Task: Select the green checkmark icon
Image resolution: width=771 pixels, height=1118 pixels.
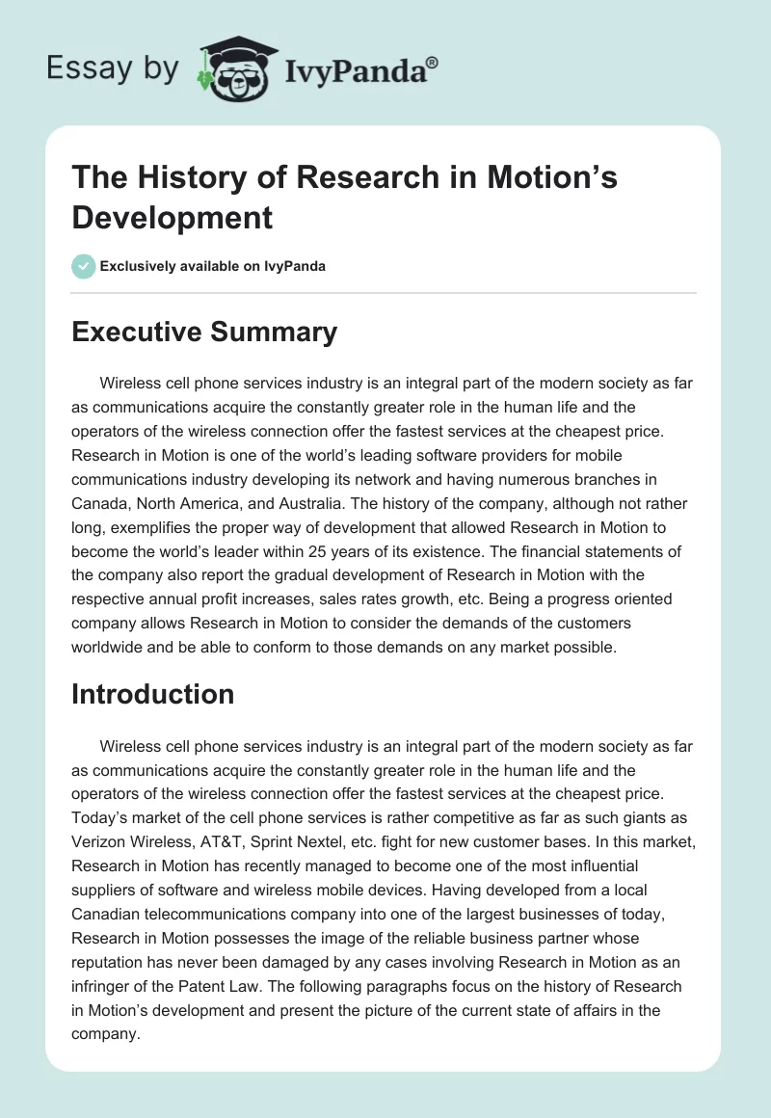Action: point(84,266)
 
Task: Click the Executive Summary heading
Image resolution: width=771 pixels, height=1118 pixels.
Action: point(204,333)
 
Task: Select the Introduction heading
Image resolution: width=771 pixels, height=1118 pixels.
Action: point(152,694)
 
